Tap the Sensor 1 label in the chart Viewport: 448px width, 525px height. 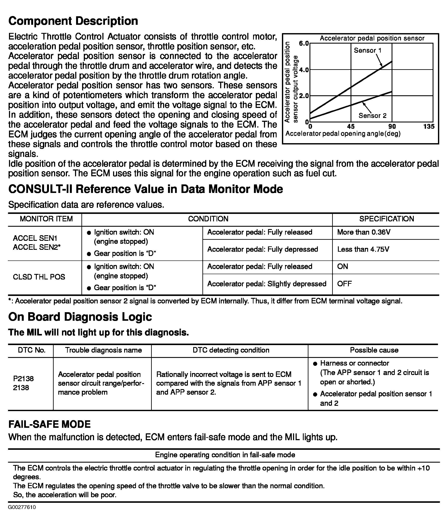pos(367,50)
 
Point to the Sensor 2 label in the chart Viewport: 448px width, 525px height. pos(373,116)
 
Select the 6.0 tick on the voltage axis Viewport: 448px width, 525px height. pos(304,43)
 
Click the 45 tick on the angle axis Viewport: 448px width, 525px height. pos(351,126)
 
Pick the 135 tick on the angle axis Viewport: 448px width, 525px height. pos(429,126)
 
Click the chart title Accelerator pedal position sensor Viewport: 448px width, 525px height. pos(372,38)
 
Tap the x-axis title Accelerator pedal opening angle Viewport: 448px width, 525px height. pos(343,134)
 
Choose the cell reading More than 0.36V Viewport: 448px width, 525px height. pos(364,232)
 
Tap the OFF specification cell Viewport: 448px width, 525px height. pos(344,284)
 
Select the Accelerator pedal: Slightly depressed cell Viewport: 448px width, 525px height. pos(267,284)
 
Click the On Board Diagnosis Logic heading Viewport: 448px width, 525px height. pos(80,317)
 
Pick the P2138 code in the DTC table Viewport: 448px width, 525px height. pos(23,379)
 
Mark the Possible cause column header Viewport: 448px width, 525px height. pos(374,350)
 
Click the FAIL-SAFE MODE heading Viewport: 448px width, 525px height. pos(49,424)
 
